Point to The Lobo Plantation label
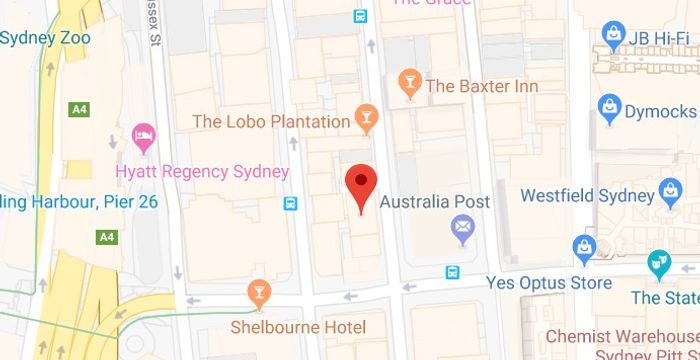point(272,122)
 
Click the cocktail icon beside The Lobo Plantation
point(367,121)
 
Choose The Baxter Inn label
point(482,86)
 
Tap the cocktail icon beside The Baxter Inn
point(409,84)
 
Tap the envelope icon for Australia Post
point(462,233)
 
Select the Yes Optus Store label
point(549,283)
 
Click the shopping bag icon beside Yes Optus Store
point(583,248)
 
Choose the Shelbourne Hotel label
point(298,327)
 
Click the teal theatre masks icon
point(658,265)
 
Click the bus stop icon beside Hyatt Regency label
point(290,203)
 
